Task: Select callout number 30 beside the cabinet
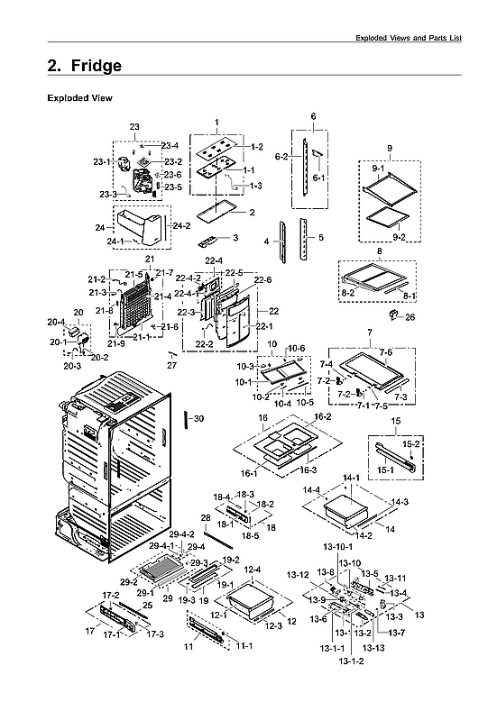(x=199, y=418)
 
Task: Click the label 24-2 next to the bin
(x=181, y=225)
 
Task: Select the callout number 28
(x=206, y=518)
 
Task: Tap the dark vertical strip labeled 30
(x=186, y=422)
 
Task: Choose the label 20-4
(x=56, y=322)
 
